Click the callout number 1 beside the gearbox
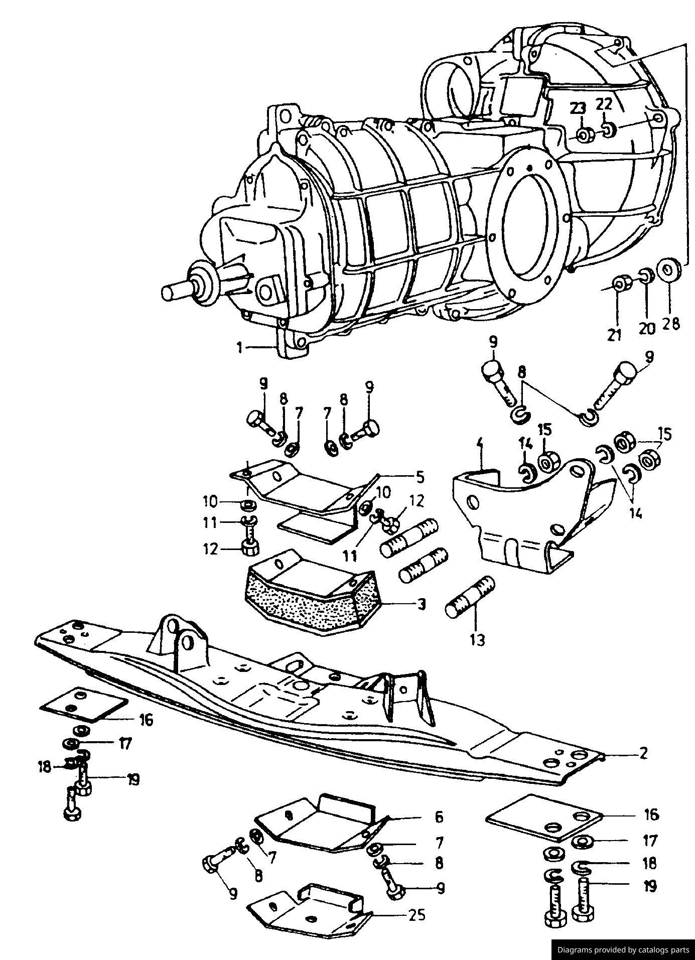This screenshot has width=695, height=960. point(240,347)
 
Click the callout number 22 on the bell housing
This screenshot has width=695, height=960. point(604,105)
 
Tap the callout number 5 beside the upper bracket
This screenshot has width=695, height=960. point(420,476)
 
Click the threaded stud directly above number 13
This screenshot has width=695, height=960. point(470,597)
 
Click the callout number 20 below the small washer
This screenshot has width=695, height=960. point(647,328)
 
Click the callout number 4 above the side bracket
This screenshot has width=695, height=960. point(480,444)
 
